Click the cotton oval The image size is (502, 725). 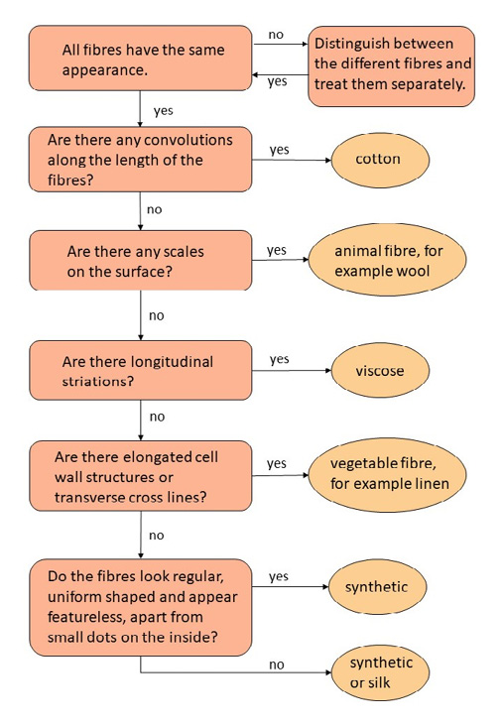pos(380,160)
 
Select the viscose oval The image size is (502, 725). pos(380,370)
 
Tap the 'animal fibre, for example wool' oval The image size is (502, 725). pos(387,260)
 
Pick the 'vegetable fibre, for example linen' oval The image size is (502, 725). pos(387,474)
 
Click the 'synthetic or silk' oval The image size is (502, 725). pos(380,672)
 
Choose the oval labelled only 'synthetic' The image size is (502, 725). pos(377,587)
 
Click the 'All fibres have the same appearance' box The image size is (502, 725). pos(141,59)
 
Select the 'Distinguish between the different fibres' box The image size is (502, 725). pos(392,66)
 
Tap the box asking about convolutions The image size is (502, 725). pos(141,160)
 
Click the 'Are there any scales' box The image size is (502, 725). pos(141,261)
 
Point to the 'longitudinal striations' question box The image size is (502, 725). pos(141,370)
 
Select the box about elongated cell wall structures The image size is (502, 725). pos(141,476)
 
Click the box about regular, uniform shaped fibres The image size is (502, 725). pos(141,607)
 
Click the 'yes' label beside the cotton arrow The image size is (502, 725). pos(280,150)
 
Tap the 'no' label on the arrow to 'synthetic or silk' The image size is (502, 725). pos(276,665)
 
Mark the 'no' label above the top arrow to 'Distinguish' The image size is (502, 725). pos(276,35)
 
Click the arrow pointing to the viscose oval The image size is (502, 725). pos(292,370)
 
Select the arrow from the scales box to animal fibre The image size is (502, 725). pos(281,260)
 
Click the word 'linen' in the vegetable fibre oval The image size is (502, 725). pos(432,484)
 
